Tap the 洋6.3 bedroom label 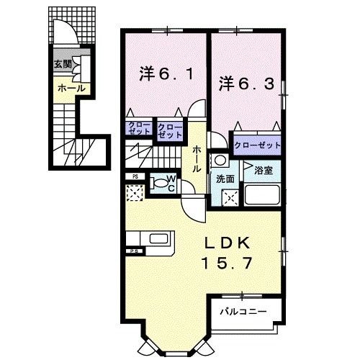[246, 83]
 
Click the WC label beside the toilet [172, 180]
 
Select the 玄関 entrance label [62, 64]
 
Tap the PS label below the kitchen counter [133, 251]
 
